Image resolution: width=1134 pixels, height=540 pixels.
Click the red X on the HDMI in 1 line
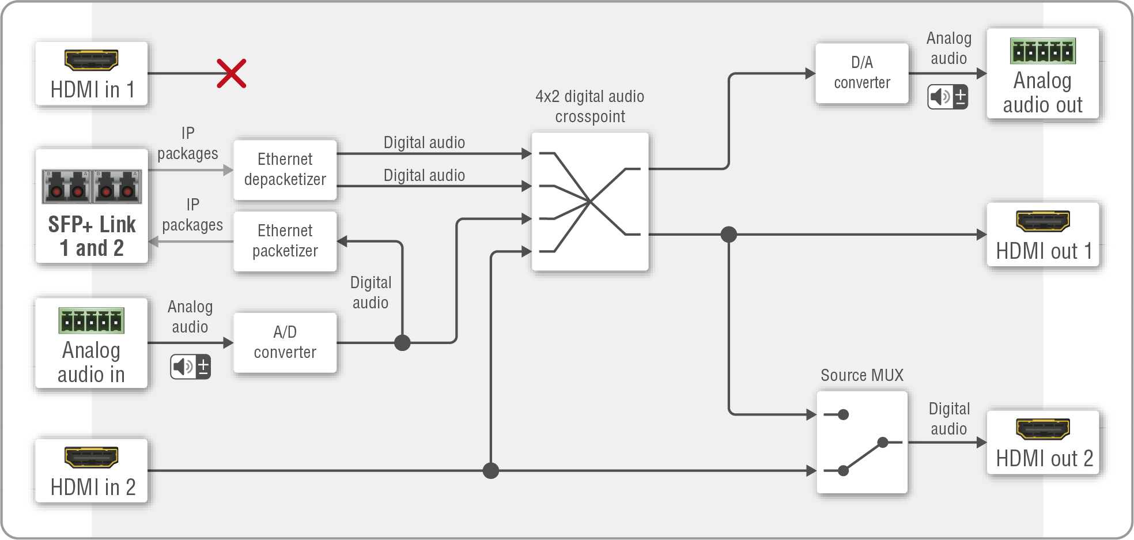click(232, 73)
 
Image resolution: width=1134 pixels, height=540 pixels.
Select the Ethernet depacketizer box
click(285, 169)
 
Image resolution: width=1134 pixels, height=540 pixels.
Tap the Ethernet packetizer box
click(285, 241)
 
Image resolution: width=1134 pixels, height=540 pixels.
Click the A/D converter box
click(285, 342)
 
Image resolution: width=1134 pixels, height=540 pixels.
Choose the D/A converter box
click(861, 73)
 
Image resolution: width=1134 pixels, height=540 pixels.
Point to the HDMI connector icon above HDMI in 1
click(91, 59)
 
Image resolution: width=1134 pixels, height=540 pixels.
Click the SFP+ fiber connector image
click(92, 186)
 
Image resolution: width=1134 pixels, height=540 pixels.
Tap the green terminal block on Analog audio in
click(91, 320)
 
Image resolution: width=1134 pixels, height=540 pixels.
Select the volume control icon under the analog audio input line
click(190, 367)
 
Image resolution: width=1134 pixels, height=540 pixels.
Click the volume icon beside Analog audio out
click(947, 97)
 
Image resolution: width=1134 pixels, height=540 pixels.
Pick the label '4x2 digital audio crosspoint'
click(589, 107)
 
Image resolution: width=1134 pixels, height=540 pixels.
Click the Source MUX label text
click(861, 375)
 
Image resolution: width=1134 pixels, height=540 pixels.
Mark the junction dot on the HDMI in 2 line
click(490, 471)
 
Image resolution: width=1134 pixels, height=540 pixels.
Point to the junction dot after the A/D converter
click(402, 343)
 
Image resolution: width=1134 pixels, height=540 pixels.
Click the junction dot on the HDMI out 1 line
click(729, 235)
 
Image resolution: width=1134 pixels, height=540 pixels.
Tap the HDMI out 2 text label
click(1044, 459)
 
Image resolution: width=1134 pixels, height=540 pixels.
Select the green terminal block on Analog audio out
click(1042, 51)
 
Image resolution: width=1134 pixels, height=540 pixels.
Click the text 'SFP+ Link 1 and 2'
click(92, 236)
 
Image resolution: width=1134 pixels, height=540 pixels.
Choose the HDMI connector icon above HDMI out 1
click(1042, 220)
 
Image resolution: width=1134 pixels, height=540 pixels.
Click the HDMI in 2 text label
click(93, 488)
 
